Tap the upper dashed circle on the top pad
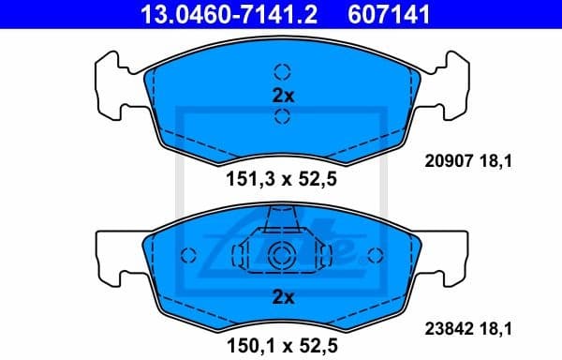(x=282, y=71)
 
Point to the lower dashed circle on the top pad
(x=282, y=116)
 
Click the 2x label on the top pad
(x=282, y=94)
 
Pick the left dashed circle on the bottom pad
(x=186, y=255)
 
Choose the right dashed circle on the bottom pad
(x=377, y=255)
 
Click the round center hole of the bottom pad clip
(x=282, y=255)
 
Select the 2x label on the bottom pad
(x=282, y=297)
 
